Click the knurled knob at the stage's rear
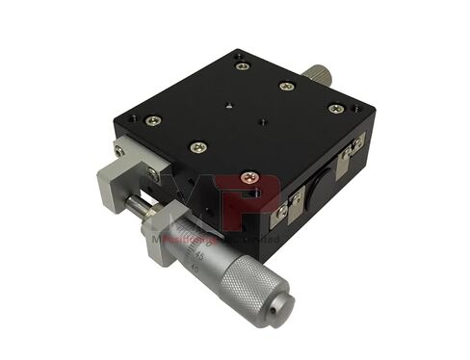[317, 74]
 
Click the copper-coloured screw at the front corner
[249, 178]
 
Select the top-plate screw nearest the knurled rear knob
[286, 87]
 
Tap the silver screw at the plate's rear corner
[241, 64]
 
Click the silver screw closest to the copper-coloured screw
[197, 146]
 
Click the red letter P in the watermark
[259, 197]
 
